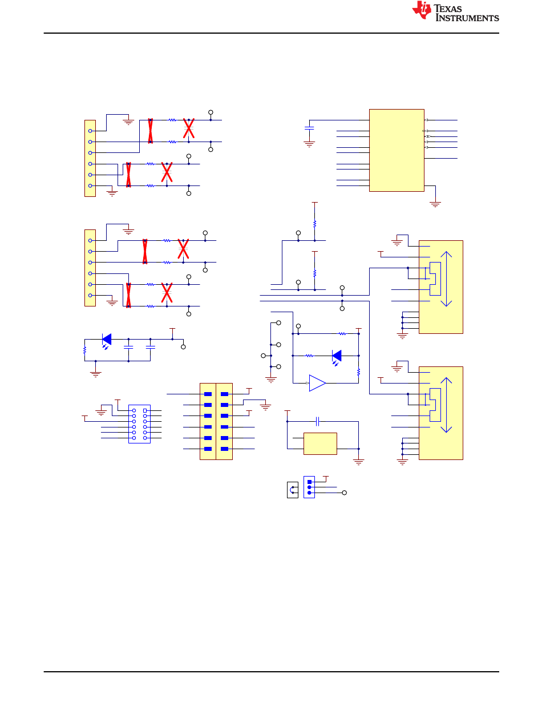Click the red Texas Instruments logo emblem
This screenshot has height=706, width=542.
[421, 10]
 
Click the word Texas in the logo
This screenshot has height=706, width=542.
[447, 9]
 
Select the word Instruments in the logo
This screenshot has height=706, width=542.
[467, 18]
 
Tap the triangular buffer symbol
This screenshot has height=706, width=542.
[317, 383]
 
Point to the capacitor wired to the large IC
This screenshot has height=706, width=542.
[309, 128]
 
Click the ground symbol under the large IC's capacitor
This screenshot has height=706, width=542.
[309, 144]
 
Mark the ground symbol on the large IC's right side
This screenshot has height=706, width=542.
[435, 204]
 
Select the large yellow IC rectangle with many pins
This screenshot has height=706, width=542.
[396, 150]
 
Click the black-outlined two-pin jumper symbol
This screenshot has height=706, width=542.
[292, 490]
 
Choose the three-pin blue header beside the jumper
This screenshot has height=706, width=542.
[309, 487]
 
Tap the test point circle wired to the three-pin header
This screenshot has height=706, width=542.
[344, 493]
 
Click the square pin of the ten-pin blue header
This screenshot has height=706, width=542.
[145, 410]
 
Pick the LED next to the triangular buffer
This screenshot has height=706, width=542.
[337, 356]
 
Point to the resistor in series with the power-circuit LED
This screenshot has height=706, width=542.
[85, 350]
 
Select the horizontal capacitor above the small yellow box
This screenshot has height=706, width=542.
[317, 421]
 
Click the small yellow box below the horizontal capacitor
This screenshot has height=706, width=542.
[320, 443]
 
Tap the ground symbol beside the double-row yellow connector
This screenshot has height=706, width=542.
[265, 407]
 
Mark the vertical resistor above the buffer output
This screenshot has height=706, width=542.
[358, 372]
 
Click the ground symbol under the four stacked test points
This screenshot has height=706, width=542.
[270, 380]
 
